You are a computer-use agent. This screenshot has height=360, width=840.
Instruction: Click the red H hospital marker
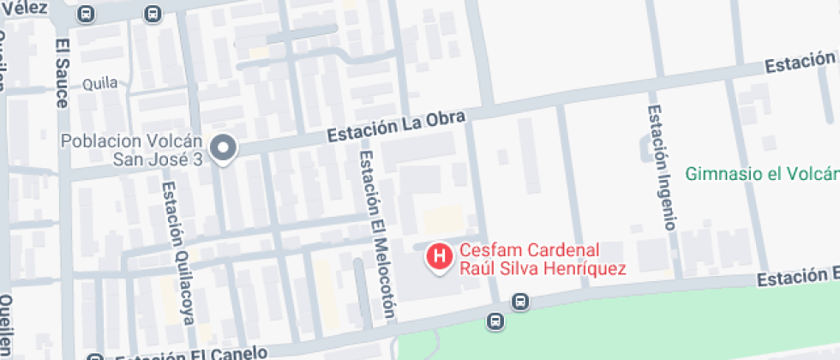point(440,256)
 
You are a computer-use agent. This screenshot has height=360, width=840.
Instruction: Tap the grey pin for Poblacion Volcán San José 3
point(224,148)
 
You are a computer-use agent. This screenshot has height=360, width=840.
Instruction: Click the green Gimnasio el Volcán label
point(762,174)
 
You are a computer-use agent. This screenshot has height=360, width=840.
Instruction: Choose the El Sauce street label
point(61,73)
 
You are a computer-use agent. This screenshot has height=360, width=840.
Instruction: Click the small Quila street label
point(99,84)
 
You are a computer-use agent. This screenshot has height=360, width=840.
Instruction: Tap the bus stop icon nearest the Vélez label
point(86,14)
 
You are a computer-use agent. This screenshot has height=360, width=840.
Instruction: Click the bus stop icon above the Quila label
point(153,14)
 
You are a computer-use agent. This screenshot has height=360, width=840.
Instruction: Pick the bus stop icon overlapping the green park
point(495,321)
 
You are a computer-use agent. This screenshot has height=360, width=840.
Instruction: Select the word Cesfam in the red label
point(485,251)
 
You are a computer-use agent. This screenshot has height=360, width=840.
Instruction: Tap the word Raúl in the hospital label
point(475,268)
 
